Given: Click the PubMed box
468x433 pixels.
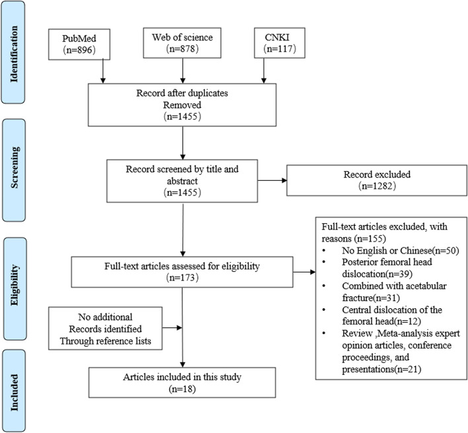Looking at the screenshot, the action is click(79, 44).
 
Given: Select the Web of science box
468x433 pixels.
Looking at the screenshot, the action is click(182, 43).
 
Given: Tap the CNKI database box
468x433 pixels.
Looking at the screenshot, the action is click(280, 43).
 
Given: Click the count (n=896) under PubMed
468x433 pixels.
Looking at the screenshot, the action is click(79, 50).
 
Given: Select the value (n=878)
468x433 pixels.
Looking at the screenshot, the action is click(182, 48).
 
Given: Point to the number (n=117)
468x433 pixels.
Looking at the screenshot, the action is click(280, 48).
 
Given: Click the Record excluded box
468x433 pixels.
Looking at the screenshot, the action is click(377, 180).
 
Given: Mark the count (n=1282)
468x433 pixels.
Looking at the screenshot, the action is click(377, 186).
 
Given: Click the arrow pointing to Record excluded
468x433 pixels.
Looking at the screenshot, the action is click(272, 180).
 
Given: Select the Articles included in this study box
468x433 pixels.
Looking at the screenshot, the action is click(182, 382).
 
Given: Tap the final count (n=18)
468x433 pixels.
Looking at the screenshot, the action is click(182, 389).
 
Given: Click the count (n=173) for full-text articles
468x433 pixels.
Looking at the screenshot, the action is click(182, 278).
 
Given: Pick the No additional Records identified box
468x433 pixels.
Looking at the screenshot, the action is click(105, 329).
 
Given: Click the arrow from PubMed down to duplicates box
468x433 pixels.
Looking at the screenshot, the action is click(103, 71).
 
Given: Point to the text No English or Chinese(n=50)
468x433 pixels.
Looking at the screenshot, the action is click(401, 251).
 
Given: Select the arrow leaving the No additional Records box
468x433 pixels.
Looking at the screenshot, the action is click(173, 328).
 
